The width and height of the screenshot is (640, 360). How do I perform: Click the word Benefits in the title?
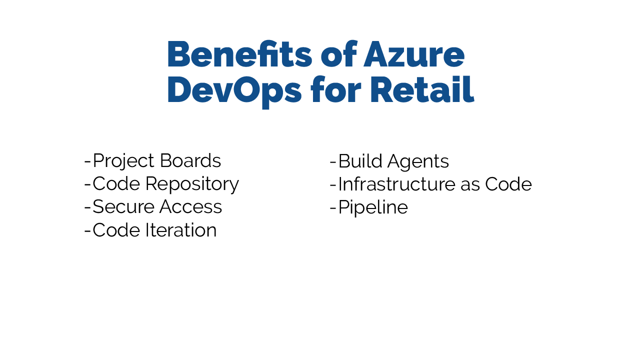click(239, 54)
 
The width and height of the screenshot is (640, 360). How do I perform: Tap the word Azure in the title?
click(414, 54)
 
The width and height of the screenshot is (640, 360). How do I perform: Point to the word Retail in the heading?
click(422, 89)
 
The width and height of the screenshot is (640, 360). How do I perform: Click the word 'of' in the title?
click(339, 54)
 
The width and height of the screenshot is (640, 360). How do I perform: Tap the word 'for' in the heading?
click(336, 89)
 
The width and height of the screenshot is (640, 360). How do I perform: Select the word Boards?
click(190, 160)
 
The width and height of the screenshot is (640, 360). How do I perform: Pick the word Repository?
click(192, 185)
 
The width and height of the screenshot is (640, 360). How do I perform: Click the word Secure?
click(123, 206)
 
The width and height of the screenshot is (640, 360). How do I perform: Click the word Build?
click(360, 161)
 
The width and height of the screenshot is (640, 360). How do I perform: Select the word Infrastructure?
click(397, 184)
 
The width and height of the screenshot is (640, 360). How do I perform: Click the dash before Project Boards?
click(87, 162)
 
